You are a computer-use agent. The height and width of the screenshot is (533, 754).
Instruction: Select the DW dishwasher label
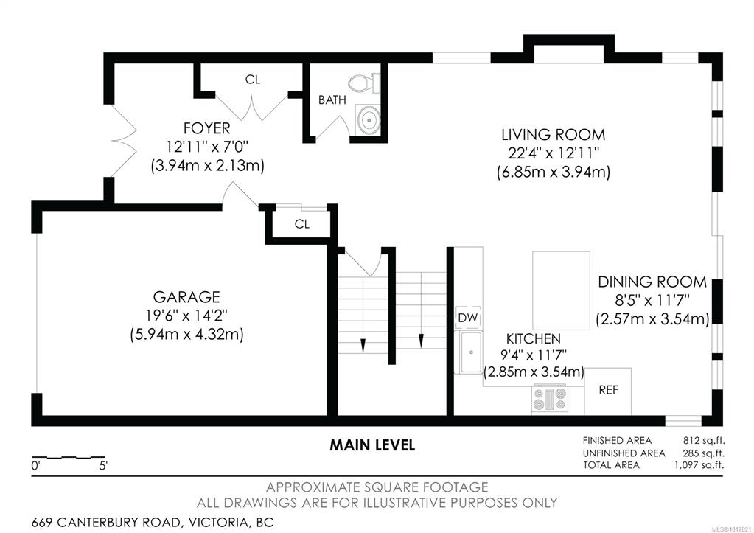[467, 318]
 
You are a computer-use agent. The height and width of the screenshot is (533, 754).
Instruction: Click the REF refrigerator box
[608, 391]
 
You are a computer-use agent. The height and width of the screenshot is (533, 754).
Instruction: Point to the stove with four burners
[550, 400]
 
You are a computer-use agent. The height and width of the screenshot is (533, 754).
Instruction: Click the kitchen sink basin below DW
[471, 352]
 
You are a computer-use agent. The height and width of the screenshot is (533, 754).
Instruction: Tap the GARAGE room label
[186, 296]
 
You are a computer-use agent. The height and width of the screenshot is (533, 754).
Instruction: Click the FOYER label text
[207, 128]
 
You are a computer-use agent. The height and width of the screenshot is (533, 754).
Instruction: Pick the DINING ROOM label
[652, 282]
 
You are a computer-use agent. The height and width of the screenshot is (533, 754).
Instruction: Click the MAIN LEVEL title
[372, 445]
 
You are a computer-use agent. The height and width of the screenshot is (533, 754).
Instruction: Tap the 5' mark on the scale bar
[103, 466]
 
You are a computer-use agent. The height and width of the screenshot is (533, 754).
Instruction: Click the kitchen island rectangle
[561, 290]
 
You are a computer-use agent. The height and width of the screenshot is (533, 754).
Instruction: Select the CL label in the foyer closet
[253, 80]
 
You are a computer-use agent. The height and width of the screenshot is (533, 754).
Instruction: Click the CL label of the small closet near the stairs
[302, 223]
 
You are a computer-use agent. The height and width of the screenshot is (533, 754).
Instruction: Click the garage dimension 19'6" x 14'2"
[186, 315]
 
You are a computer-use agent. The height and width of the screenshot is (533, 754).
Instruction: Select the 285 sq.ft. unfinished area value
[703, 453]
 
